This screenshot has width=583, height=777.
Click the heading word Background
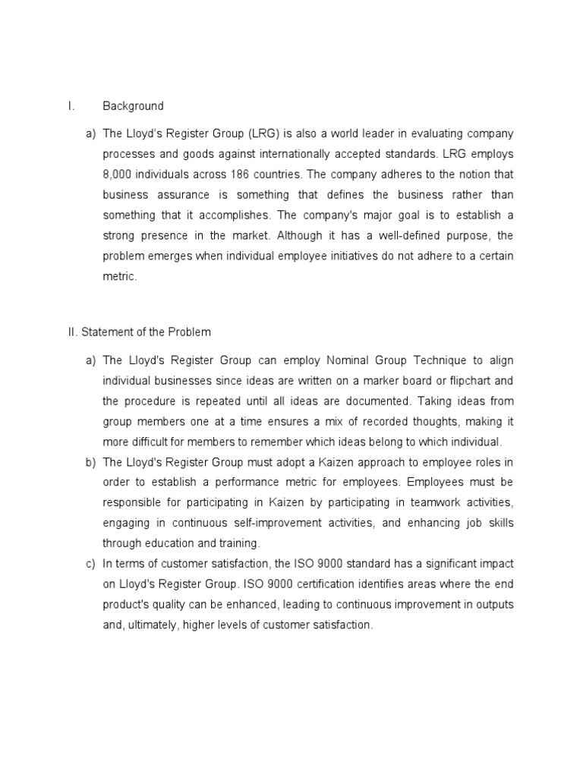133,106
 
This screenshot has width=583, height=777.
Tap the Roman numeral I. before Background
71,106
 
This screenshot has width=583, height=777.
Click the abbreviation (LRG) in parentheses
264,134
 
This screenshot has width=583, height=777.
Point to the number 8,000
120,175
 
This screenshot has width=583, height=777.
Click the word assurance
178,195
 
